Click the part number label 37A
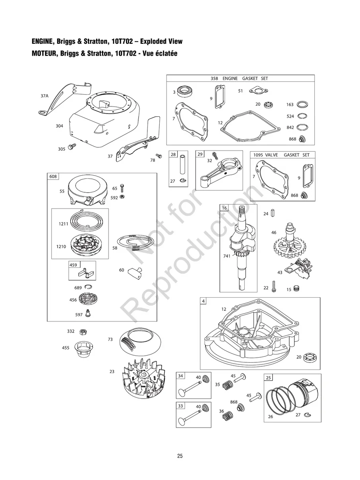[45, 96]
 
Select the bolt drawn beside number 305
[73, 147]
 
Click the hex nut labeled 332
[83, 331]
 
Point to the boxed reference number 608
[53, 176]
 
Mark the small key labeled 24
[273, 213]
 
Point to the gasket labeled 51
[257, 92]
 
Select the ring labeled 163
[303, 105]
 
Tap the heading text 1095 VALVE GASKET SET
[281, 155]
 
